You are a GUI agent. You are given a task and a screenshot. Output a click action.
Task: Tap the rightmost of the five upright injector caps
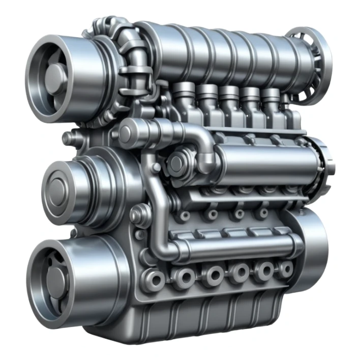coord(271,95)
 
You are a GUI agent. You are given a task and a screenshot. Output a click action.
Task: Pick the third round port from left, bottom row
coord(212,275)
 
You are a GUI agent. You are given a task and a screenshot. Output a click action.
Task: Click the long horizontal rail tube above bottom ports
coord(234,248)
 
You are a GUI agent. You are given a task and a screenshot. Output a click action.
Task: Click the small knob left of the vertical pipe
coord(136,216)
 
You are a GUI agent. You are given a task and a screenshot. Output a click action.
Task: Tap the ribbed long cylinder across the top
coord(229,51)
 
